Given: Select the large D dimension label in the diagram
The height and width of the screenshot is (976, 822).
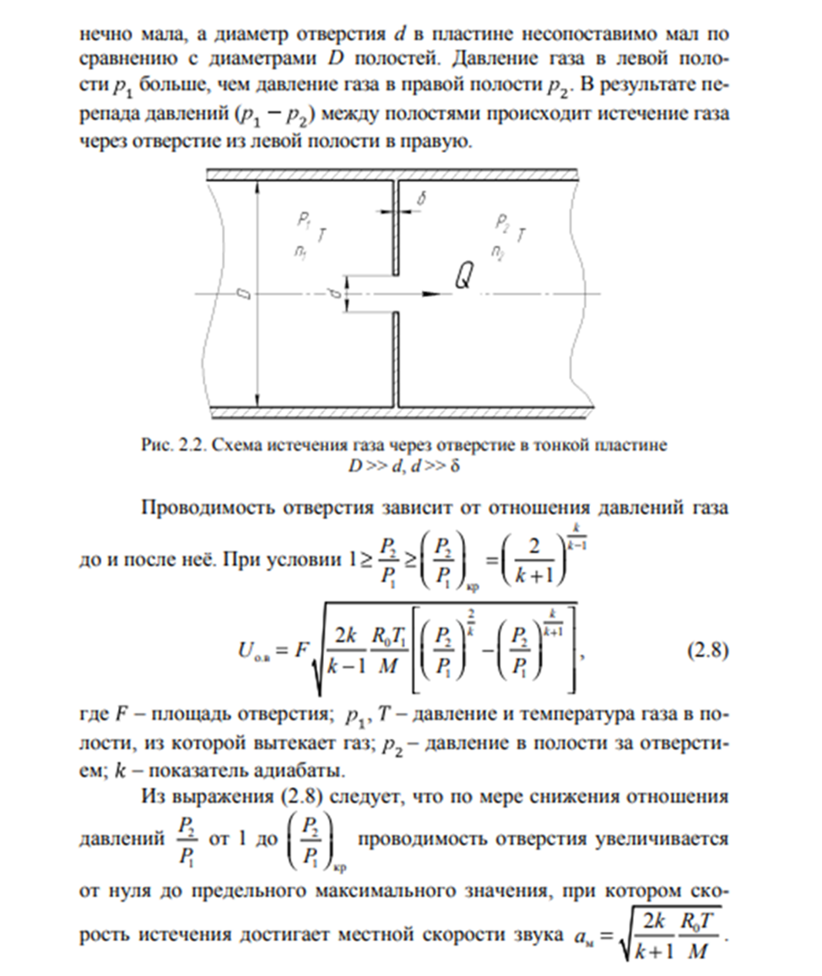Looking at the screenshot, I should (245, 294).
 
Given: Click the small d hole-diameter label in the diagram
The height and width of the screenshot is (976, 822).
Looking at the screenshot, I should (336, 294).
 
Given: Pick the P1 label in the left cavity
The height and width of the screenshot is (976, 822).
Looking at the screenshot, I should (304, 220).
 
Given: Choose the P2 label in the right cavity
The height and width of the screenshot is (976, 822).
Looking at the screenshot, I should (504, 223).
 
